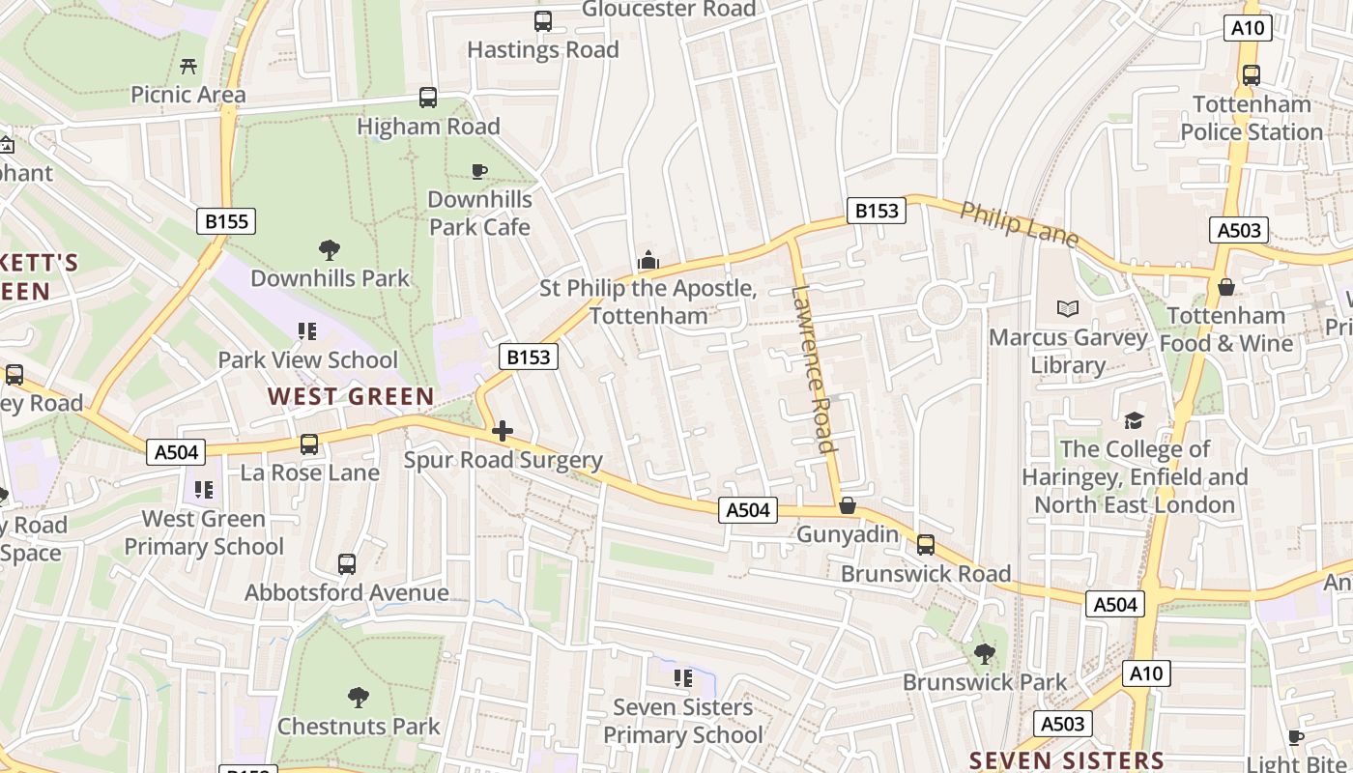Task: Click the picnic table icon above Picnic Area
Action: point(188,66)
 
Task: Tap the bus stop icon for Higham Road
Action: point(428,98)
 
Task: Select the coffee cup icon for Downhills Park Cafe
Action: point(478,171)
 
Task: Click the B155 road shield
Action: point(227,221)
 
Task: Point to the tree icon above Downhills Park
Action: point(330,250)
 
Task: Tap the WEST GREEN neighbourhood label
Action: point(351,396)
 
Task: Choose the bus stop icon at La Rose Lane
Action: point(309,444)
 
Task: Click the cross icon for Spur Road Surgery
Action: point(503,431)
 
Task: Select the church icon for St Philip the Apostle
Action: point(648,260)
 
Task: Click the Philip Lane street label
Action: point(1019,224)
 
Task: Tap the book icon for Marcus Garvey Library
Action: point(1068,309)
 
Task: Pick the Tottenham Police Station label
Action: point(1252,118)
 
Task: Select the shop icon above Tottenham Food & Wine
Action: point(1226,287)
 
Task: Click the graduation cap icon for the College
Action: point(1134,420)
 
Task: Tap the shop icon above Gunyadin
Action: point(848,505)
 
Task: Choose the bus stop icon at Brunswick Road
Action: point(926,545)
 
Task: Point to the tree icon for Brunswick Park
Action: point(985,654)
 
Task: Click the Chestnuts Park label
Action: point(359,726)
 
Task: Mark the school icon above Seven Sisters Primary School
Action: point(683,678)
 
